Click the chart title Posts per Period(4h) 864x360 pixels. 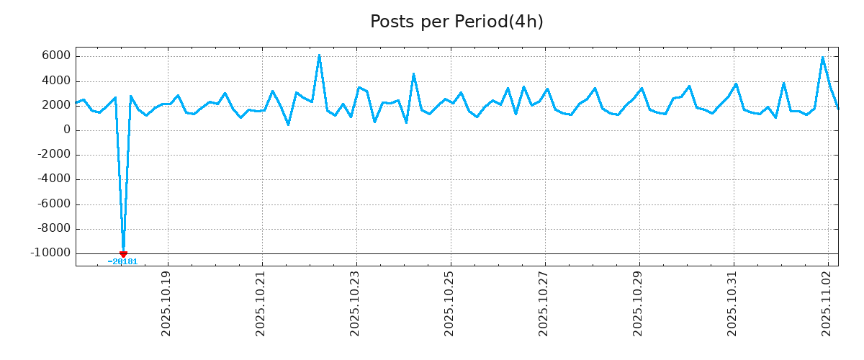[456, 22]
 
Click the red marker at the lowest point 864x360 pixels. [123, 254]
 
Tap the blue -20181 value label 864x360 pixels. [122, 262]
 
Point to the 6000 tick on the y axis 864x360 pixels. [55, 56]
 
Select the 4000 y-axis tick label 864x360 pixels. [55, 81]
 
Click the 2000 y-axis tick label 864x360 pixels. [55, 105]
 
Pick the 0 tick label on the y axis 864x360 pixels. [66, 130]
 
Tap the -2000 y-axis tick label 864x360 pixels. [53, 155]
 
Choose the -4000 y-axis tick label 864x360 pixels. [53, 179]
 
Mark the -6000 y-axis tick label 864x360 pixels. [53, 204]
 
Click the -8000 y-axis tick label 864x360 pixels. [53, 228]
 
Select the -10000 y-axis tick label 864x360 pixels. [50, 253]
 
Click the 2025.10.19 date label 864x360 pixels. [167, 303]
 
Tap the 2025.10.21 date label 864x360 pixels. [261, 303]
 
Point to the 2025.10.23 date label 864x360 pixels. [356, 303]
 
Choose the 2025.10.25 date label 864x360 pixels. [450, 303]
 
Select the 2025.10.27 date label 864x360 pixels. [544, 303]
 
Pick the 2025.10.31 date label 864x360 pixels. [733, 303]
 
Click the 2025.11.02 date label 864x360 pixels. [827, 303]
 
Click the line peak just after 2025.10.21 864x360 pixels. [272, 91]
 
